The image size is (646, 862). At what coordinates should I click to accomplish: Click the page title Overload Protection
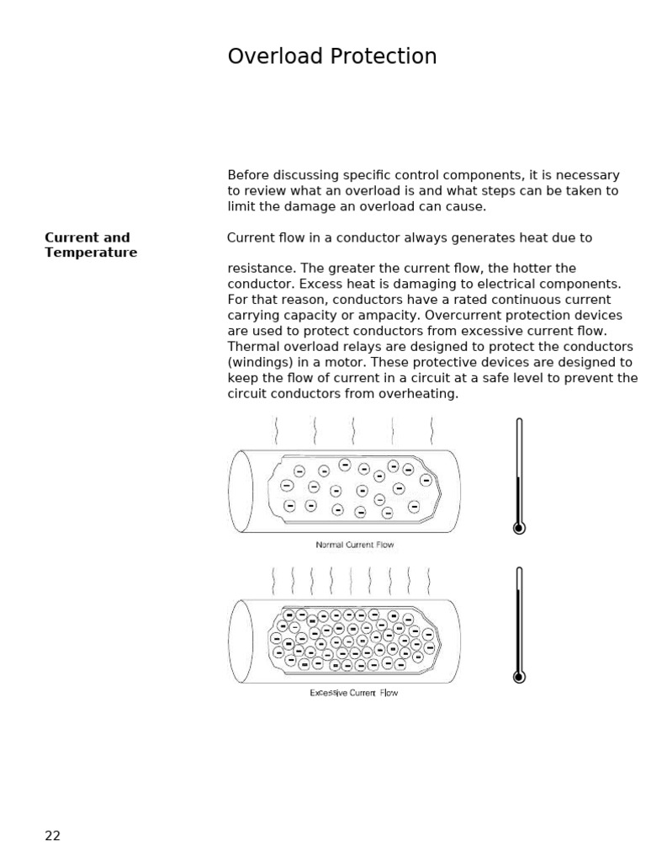[x=332, y=56]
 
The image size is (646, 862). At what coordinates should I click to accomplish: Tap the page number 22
[x=53, y=836]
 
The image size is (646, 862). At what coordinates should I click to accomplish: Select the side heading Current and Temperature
[x=91, y=245]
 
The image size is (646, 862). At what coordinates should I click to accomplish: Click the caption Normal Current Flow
[x=355, y=545]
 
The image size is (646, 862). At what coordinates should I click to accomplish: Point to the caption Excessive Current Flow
[x=354, y=693]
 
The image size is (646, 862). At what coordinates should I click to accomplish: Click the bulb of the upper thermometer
[x=519, y=528]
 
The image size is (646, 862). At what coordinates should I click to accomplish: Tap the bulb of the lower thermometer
[x=519, y=676]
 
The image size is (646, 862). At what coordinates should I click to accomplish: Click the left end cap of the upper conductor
[x=241, y=491]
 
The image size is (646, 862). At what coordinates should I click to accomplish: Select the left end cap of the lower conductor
[x=241, y=641]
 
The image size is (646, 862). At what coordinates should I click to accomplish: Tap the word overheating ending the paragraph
[x=423, y=393]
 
